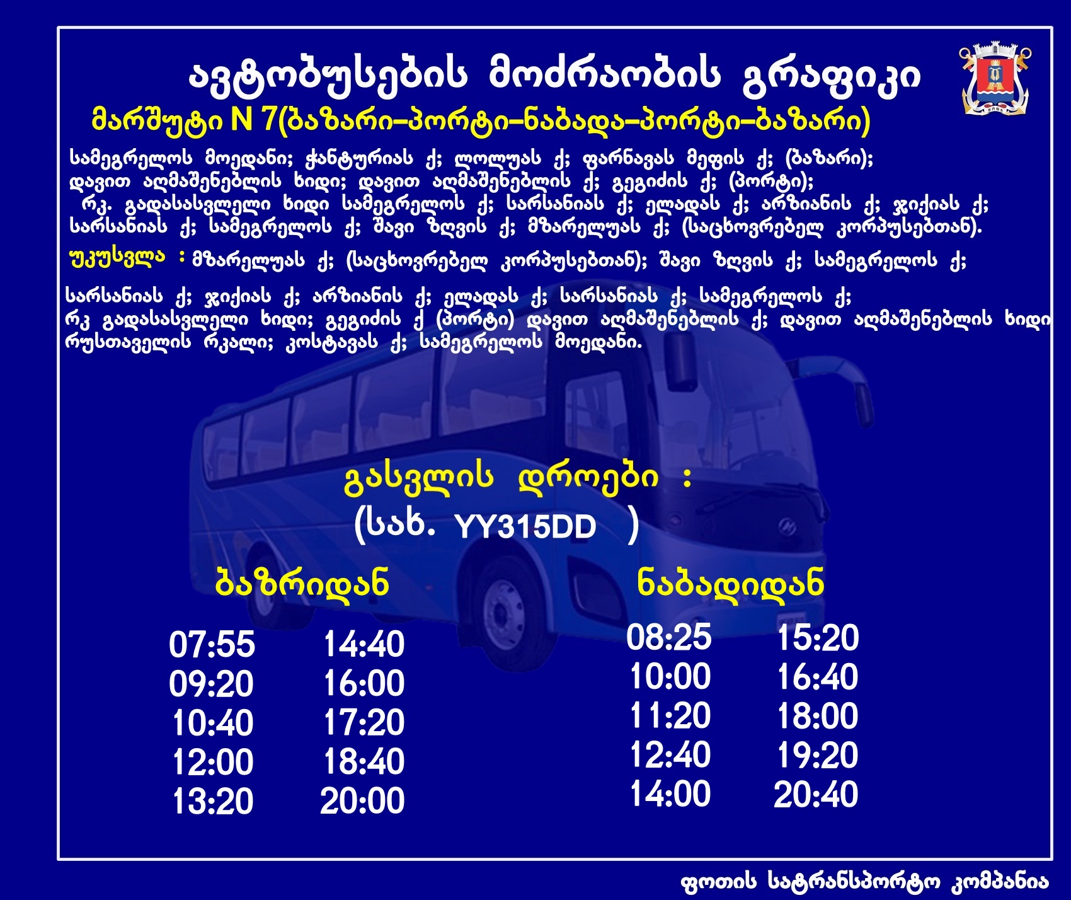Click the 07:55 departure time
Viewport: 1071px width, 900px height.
click(212, 645)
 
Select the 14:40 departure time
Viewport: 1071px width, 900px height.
click(364, 645)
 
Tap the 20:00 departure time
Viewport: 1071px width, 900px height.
click(362, 801)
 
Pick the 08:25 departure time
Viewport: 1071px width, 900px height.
click(669, 637)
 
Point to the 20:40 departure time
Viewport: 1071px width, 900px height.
click(816, 794)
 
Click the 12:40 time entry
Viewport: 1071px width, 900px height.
click(670, 754)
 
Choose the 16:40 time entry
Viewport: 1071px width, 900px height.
click(817, 677)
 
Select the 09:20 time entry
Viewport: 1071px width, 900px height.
click(211, 684)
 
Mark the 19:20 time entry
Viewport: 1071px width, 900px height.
click(817, 755)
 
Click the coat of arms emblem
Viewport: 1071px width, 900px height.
click(995, 79)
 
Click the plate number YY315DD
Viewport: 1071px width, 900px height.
click(525, 526)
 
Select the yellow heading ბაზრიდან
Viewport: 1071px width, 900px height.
click(302, 583)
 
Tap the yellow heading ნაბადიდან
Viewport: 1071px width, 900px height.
click(730, 583)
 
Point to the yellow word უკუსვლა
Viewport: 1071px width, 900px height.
click(117, 258)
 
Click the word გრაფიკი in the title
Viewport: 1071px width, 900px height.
click(832, 76)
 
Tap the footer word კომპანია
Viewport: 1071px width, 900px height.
click(999, 882)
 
